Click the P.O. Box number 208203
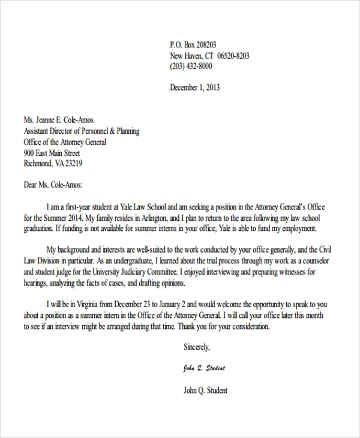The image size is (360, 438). [205, 44]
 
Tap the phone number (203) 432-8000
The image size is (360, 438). [191, 66]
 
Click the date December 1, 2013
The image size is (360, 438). [195, 88]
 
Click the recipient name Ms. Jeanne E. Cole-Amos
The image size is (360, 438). [59, 120]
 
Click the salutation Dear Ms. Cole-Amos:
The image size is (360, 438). [53, 185]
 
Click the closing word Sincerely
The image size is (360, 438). [197, 347]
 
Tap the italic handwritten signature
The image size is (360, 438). [205, 368]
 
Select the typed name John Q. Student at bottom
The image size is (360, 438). [205, 391]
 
